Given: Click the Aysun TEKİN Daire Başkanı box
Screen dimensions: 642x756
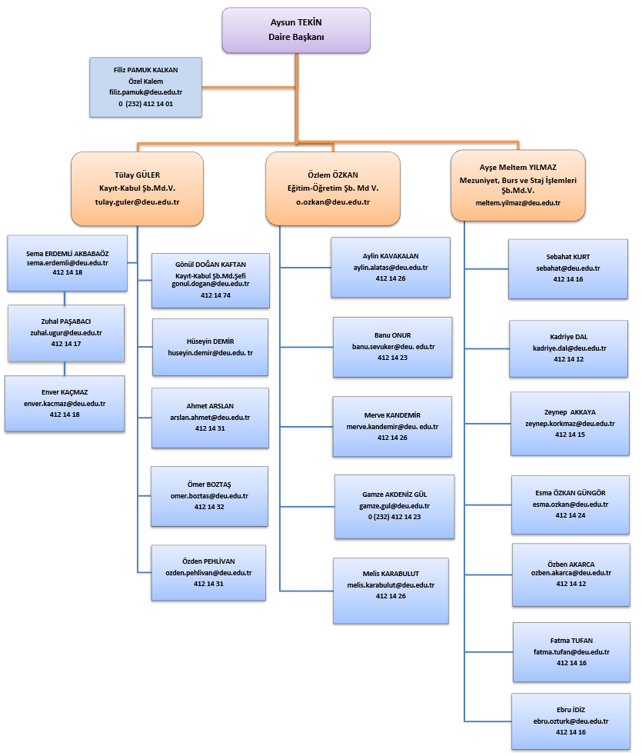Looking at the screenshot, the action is tap(296, 30).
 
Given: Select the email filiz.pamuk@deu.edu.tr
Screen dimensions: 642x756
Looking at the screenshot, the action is tap(145, 92).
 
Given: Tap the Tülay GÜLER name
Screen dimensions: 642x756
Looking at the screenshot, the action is tap(137, 175).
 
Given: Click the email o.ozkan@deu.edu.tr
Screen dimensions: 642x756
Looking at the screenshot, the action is tap(333, 202).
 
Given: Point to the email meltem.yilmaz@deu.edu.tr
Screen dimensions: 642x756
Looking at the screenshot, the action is tap(517, 203).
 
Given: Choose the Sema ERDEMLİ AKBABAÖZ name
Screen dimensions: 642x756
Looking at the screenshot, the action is tap(68, 254).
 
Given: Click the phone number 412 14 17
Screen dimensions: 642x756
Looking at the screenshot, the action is tap(66, 344).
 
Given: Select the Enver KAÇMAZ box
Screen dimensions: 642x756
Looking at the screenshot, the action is tap(65, 404).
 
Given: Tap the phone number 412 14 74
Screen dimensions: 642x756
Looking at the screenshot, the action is tap(215, 295).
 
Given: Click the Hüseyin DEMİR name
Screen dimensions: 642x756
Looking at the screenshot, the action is tap(210, 341).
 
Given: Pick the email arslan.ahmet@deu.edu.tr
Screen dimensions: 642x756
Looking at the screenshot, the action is tap(210, 418).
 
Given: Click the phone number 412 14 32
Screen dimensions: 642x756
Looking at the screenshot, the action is tap(209, 507).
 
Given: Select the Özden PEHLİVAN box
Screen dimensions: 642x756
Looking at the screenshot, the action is tap(208, 573).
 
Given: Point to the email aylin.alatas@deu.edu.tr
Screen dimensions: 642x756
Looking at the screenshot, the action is tap(391, 268).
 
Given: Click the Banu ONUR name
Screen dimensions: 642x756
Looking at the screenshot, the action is tap(392, 335).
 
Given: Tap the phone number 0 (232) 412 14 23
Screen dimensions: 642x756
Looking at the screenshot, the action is tap(394, 517).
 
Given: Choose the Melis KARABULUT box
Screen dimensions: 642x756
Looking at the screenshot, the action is tap(391, 591).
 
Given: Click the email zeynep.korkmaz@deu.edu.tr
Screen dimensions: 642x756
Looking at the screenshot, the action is tap(570, 424).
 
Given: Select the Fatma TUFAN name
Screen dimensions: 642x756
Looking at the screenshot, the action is tap(571, 641).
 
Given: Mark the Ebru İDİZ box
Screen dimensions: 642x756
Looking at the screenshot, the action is tap(570, 721).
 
